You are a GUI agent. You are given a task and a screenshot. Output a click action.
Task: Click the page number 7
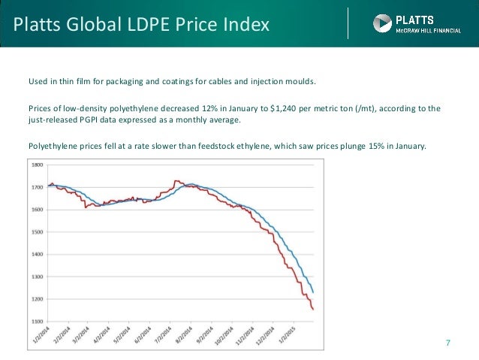click(448, 343)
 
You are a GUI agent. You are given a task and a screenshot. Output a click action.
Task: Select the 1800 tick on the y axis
click(36, 165)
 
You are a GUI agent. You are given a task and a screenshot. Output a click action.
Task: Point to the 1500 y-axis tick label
click(36, 232)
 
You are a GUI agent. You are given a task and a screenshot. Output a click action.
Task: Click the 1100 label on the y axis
click(36, 322)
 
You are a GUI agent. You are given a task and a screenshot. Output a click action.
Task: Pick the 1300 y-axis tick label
click(36, 277)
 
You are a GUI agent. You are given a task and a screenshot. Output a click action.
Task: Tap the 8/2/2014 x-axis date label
click(195, 335)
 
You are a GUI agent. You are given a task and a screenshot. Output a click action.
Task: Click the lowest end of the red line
click(312, 309)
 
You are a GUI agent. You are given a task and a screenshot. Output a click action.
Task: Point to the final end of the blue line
click(313, 292)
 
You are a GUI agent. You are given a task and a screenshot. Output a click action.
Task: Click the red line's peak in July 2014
click(176, 180)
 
